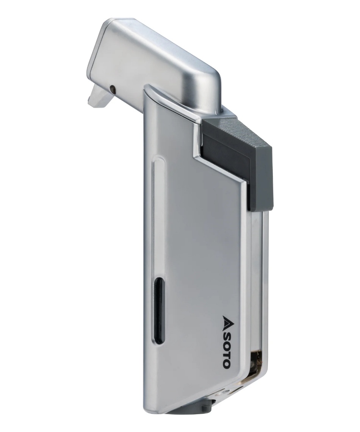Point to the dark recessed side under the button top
click(224, 152)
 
